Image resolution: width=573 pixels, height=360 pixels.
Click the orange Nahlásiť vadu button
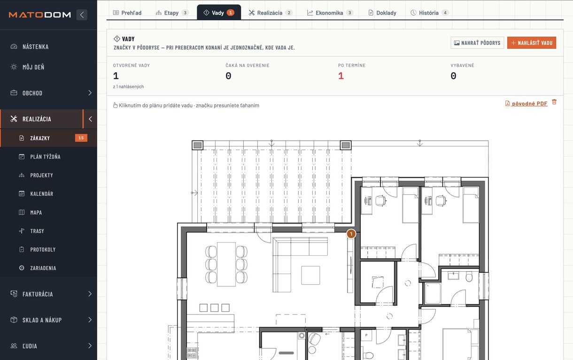(532, 43)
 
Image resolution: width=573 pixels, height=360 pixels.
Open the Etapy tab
(172, 13)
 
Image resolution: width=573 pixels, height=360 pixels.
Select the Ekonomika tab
(330, 13)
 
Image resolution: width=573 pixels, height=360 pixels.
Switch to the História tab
(429, 13)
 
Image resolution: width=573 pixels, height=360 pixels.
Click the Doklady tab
(382, 13)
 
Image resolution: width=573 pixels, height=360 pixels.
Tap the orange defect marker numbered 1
(351, 234)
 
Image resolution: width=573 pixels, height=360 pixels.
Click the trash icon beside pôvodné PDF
(554, 102)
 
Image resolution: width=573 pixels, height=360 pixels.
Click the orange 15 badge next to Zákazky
(81, 138)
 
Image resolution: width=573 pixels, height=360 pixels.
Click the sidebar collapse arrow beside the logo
(82, 15)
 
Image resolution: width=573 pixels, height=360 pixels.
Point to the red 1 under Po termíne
(341, 76)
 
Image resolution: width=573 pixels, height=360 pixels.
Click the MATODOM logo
(39, 15)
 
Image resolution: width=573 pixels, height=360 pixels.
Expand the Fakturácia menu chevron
(90, 294)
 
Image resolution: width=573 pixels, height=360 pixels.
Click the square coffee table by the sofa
(310, 276)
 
